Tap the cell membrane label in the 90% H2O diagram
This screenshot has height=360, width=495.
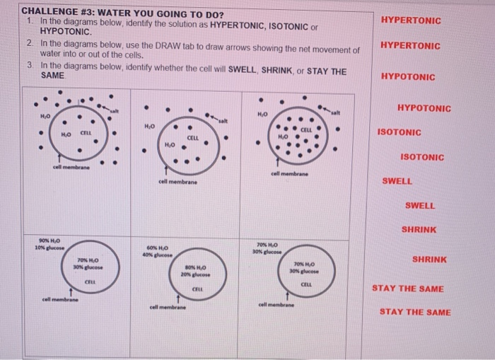pos(60,298)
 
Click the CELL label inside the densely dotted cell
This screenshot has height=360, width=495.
pos(307,129)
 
